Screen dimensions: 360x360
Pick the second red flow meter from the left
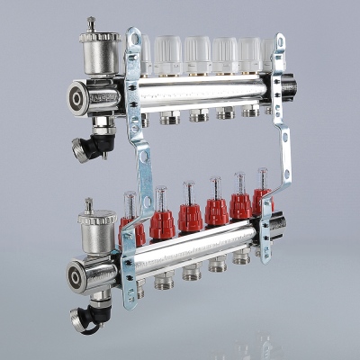click(x=163, y=222)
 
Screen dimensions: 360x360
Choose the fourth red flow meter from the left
click(x=217, y=211)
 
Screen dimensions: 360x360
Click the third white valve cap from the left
click(x=197, y=55)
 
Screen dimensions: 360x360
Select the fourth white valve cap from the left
click(x=224, y=55)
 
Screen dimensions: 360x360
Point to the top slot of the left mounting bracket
click(x=134, y=41)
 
